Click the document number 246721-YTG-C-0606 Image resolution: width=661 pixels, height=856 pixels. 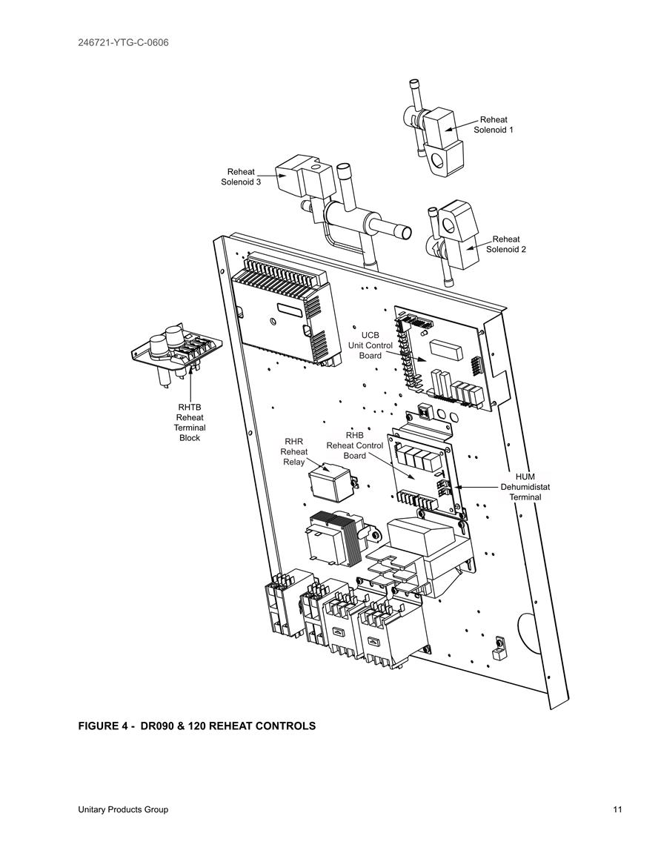coord(124,42)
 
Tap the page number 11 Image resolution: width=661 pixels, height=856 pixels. coord(617,809)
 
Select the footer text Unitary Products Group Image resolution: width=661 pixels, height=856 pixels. coord(123,809)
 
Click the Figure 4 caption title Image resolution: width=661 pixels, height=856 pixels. coord(197,726)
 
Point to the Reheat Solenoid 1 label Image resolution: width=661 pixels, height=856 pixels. coord(493,125)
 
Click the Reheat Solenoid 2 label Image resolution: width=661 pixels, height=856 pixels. coord(506,244)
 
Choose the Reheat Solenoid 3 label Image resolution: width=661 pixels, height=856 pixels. coord(241,177)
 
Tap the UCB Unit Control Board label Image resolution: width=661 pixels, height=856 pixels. coord(370,345)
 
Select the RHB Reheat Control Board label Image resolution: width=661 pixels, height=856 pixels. coord(355,445)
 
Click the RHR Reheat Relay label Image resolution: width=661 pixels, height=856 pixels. coord(293,451)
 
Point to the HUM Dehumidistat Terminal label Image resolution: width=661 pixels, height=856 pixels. coord(525,487)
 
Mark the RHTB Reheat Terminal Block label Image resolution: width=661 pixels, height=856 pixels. coord(190,422)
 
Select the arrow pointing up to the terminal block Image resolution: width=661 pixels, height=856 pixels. coord(190,383)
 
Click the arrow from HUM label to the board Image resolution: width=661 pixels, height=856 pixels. coord(478,486)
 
